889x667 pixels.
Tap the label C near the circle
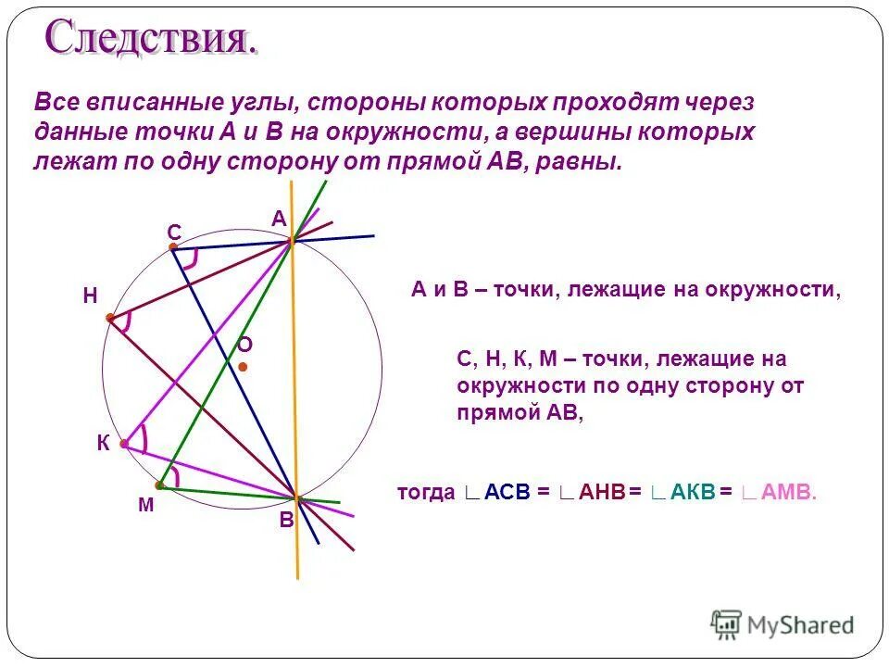coord(173,233)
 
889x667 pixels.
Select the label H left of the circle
coord(90,296)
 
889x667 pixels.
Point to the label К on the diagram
coord(103,444)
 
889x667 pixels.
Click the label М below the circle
coord(145,506)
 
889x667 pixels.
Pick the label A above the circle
coord(279,218)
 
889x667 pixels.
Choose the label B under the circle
coord(286,521)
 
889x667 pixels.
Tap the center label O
coord(244,345)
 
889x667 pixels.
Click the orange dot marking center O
coord(242,367)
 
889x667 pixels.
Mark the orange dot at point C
coord(172,246)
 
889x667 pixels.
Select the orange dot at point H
coord(109,318)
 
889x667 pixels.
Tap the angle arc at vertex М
coord(176,475)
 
